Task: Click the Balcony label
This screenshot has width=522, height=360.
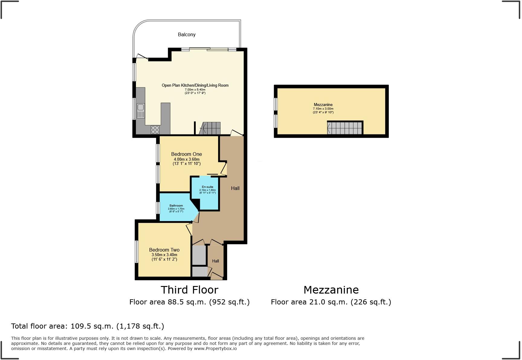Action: [186, 35]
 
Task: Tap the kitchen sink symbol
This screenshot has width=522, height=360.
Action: [141, 110]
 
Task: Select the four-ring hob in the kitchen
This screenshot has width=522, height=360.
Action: [155, 130]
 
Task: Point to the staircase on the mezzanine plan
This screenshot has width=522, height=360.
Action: [345, 128]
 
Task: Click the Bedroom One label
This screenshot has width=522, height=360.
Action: [186, 154]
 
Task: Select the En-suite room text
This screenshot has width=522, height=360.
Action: [208, 187]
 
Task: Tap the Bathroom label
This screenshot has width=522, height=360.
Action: [176, 206]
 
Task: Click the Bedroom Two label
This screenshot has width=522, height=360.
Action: [164, 250]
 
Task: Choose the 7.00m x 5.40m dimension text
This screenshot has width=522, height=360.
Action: [195, 90]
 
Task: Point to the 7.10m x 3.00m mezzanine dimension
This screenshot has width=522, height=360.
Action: [323, 109]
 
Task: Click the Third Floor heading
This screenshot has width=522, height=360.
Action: [189, 290]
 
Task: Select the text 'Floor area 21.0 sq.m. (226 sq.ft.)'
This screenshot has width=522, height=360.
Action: [331, 302]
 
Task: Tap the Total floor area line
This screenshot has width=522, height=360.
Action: [88, 326]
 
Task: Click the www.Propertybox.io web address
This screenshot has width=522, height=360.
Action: [215, 349]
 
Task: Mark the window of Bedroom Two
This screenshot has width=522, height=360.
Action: [137, 252]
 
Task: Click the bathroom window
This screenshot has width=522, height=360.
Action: [158, 208]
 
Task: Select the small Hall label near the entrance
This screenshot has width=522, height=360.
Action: [215, 261]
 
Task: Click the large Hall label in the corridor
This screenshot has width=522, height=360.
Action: [235, 188]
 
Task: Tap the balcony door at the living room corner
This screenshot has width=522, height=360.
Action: [142, 56]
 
